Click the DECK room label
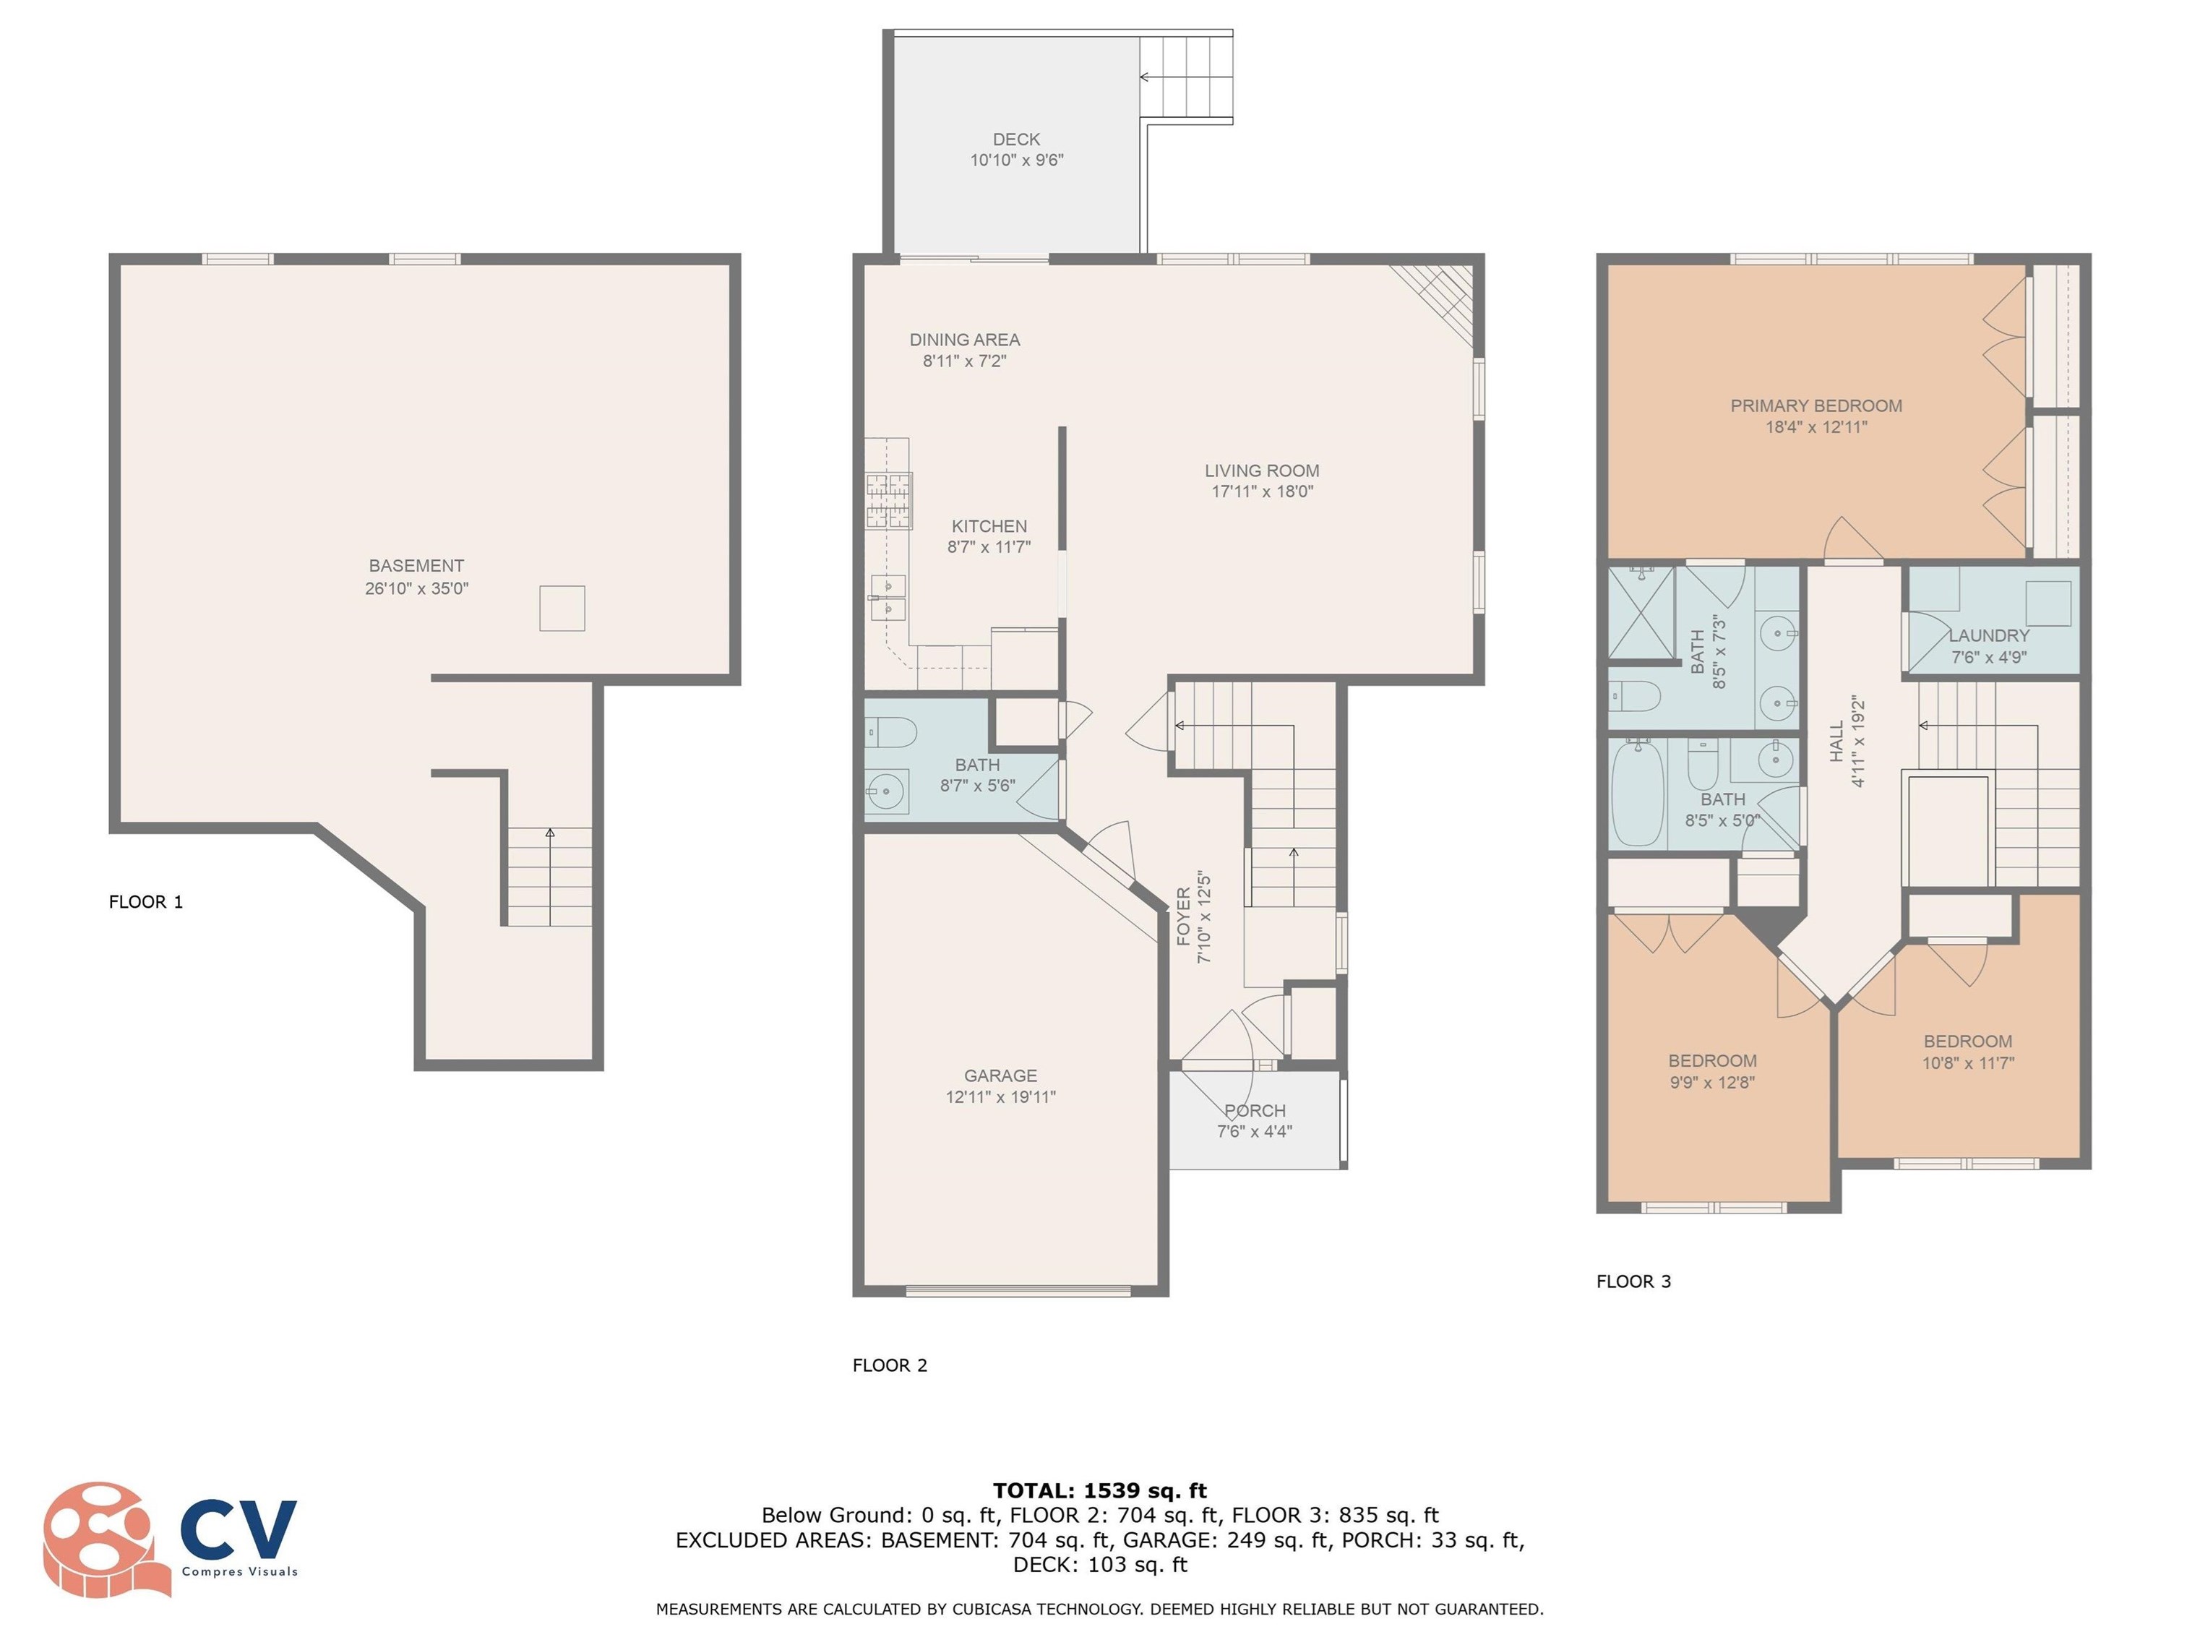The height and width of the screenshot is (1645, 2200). (1016, 139)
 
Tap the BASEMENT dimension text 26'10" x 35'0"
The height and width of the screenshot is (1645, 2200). (417, 588)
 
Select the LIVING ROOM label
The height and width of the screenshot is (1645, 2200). (1262, 471)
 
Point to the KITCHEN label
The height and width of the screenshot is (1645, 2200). (989, 526)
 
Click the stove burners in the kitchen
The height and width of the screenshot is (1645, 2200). (889, 500)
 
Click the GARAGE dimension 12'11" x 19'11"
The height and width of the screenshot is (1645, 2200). (1000, 1097)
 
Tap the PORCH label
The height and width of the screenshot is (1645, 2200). (1255, 1110)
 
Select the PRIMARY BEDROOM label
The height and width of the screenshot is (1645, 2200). (1816, 405)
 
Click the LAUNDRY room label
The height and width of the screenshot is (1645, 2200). (1989, 635)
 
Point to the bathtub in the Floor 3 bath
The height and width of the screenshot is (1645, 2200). (1637, 793)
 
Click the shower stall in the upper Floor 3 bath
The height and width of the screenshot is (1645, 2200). (1641, 613)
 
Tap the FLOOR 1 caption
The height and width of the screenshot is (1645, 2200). (146, 902)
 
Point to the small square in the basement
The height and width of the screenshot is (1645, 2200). (562, 608)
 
